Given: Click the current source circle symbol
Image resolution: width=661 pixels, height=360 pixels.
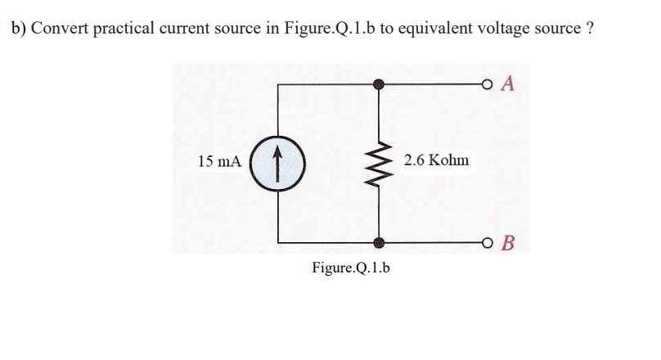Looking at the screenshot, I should point(278,161).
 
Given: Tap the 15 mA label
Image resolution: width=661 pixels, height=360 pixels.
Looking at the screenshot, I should point(219,161).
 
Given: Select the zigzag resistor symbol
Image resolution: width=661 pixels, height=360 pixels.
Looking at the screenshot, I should point(378,161).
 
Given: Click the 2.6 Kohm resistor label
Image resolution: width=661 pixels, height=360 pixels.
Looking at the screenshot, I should point(437,160).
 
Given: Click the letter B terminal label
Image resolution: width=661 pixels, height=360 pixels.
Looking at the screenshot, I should point(508,243).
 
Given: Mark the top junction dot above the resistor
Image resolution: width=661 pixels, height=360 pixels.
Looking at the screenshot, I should point(378,83).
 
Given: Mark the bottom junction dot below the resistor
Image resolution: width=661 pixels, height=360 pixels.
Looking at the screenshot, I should point(378,242).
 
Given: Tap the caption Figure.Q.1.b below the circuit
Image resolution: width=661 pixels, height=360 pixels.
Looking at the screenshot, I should point(351,268).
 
